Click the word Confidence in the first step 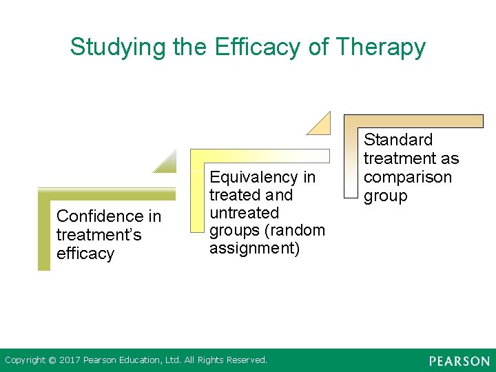coord(109,216)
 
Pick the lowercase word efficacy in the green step coord(85,254)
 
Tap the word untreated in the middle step coord(244,213)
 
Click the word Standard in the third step coord(398,140)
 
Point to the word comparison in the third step coord(408,177)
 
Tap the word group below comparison coord(385,196)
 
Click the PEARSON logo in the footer coord(459,361)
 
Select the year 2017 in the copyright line coord(69,360)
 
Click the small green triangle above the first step coord(168,164)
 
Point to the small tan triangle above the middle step coord(321,125)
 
